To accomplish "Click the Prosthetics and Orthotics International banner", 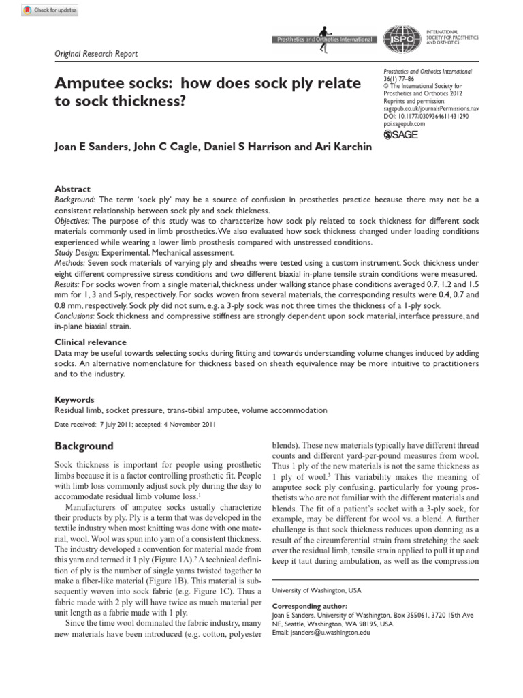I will (325, 40).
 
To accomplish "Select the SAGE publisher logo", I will (401, 135).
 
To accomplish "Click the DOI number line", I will (426, 117).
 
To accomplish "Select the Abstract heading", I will (72, 189).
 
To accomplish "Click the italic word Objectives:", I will (72, 222).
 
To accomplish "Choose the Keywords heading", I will (74, 400).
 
